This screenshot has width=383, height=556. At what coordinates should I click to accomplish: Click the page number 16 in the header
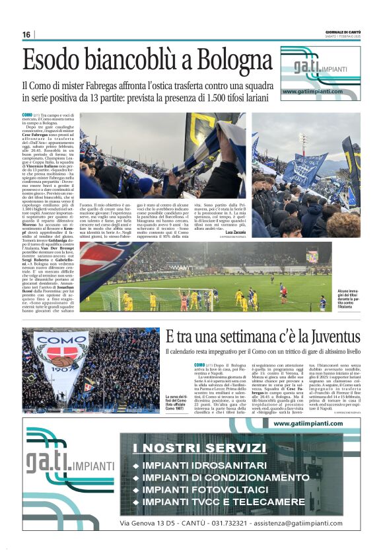coord(26,34)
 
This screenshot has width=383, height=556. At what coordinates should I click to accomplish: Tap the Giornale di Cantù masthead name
coord(343,30)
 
